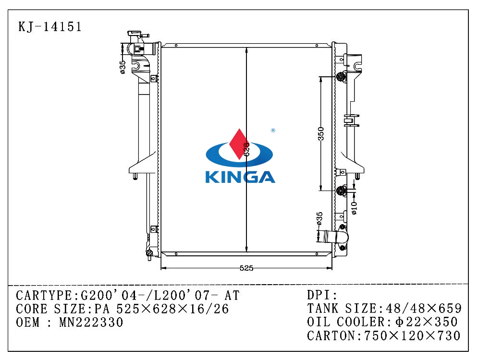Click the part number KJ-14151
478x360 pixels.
(50, 27)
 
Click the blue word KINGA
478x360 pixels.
(240, 177)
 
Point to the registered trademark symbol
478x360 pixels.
(273, 131)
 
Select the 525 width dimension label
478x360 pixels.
(246, 268)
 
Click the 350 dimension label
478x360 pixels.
(321, 133)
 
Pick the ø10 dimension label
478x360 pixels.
(354, 208)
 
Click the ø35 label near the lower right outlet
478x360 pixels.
(319, 219)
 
